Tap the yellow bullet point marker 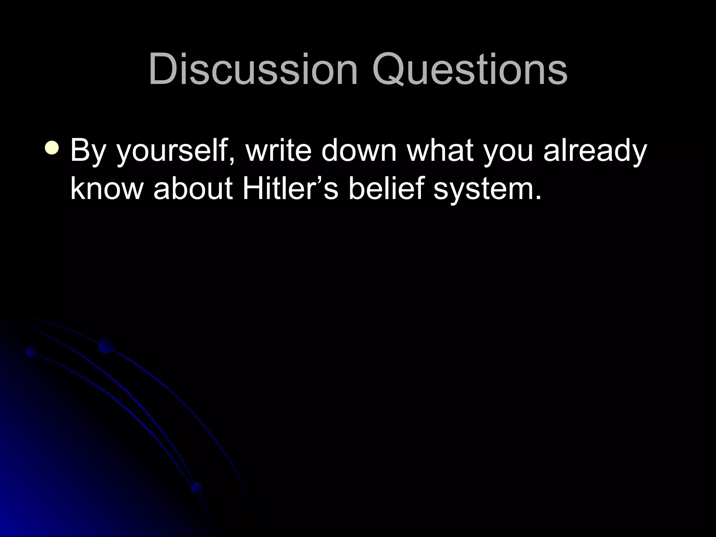[x=52, y=148]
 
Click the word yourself [x=171, y=151]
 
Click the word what [x=440, y=150]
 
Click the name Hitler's [x=290, y=189]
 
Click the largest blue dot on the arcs [x=105, y=346]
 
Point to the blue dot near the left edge [x=31, y=351]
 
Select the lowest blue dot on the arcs [x=196, y=488]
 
